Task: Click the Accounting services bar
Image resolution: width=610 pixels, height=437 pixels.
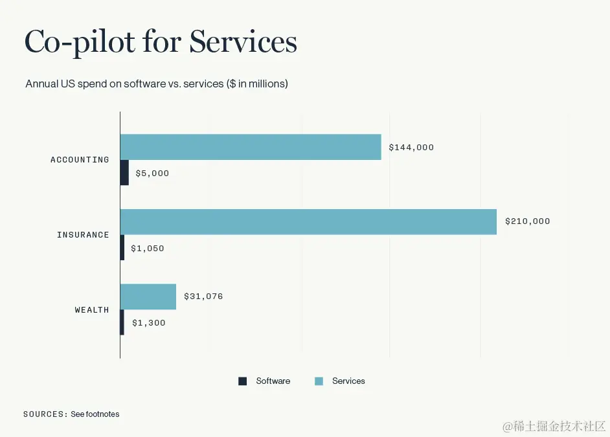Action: click(251, 147)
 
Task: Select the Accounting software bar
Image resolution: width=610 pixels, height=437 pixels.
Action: click(124, 173)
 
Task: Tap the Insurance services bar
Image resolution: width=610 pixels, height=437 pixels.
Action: click(308, 221)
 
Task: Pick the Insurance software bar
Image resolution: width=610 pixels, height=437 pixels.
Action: click(122, 248)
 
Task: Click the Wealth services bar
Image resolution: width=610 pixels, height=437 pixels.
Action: click(148, 297)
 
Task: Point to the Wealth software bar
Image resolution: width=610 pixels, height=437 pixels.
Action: click(122, 322)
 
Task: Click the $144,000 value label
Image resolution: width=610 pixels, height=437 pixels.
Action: click(411, 148)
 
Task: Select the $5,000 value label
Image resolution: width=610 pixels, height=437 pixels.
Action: click(152, 174)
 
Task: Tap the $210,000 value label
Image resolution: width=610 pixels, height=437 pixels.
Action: click(527, 221)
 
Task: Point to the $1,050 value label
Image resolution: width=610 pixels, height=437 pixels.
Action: click(147, 248)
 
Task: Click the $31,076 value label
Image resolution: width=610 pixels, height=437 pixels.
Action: click(203, 297)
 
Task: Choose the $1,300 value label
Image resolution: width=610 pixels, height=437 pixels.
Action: click(148, 322)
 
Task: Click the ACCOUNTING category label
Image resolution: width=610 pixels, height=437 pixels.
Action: click(80, 160)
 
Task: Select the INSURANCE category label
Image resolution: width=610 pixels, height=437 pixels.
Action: click(83, 235)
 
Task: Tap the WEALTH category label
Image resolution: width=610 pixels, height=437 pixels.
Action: click(92, 310)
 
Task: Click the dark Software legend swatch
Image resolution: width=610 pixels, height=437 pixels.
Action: click(243, 381)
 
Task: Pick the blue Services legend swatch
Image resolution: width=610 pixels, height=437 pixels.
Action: click(319, 381)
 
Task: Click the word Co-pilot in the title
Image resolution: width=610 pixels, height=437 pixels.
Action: click(80, 42)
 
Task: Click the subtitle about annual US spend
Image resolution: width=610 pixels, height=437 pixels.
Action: click(157, 84)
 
